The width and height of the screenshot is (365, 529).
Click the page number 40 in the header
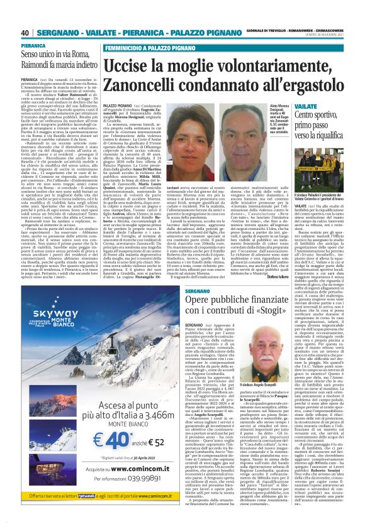(25, 33)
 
